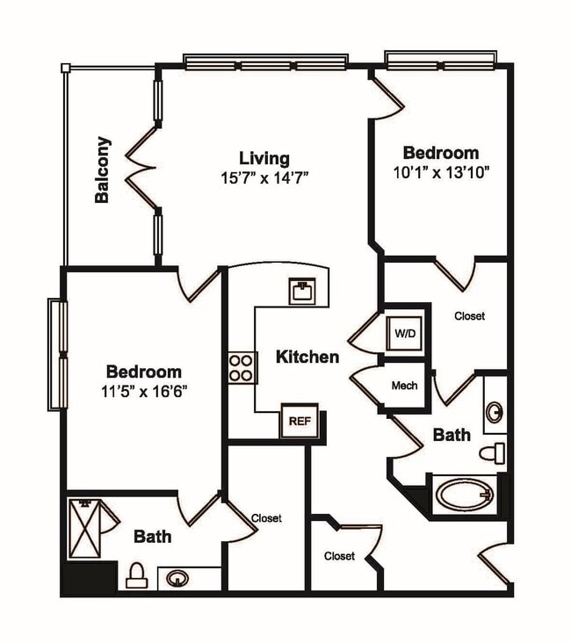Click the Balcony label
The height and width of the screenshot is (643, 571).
tap(103, 170)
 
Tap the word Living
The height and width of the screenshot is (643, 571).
tap(264, 158)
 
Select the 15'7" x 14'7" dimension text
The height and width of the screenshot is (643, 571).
tap(264, 177)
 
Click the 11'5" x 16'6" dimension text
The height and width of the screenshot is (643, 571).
tap(144, 390)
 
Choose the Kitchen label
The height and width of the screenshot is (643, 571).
tap(307, 357)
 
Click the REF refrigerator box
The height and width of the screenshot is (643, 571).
tap(300, 421)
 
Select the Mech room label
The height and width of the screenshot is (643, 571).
tap(404, 385)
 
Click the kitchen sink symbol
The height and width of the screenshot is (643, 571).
tap(301, 291)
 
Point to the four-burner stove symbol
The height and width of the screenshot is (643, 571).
tap(242, 367)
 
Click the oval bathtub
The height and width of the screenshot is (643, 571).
tap(464, 495)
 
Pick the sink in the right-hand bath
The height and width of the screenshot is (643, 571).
tap(495, 411)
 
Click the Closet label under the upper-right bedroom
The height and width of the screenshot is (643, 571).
tap(469, 316)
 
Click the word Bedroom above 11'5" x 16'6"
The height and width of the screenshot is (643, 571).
tap(144, 372)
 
